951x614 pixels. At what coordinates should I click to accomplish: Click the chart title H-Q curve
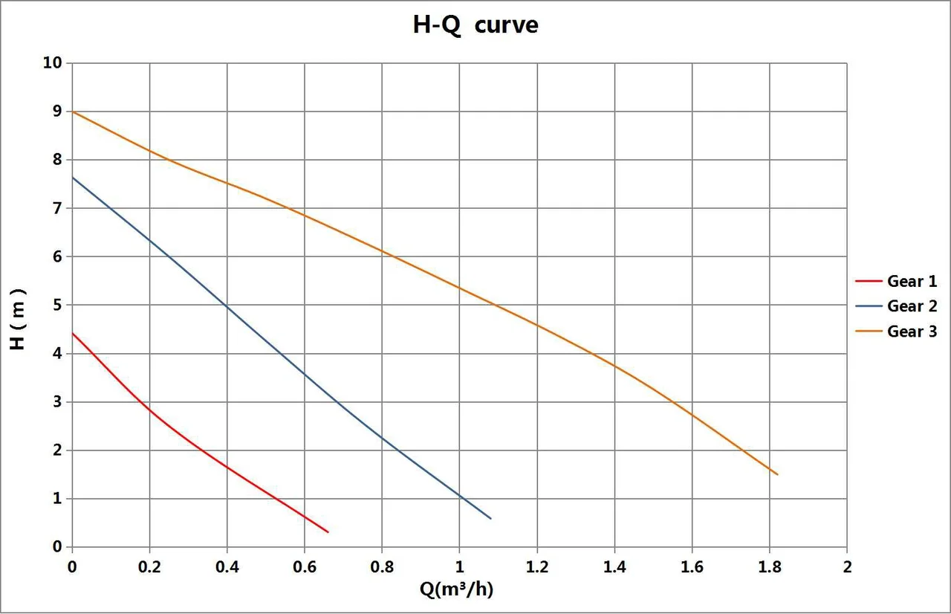pyautogui.click(x=475, y=25)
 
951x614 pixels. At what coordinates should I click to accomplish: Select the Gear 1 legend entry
pyautogui.click(x=896, y=281)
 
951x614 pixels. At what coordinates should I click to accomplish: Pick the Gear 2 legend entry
pyautogui.click(x=896, y=306)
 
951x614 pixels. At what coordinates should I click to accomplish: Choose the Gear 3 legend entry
pyautogui.click(x=896, y=332)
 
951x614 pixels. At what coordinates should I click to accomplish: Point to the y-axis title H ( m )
pyautogui.click(x=18, y=320)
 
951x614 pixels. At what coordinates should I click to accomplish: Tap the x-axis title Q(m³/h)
pyautogui.click(x=456, y=589)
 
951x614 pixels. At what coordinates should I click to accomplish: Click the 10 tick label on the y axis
pyautogui.click(x=52, y=63)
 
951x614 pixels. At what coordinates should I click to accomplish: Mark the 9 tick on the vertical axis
pyautogui.click(x=57, y=112)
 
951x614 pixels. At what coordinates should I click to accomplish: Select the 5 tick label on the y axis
pyautogui.click(x=57, y=305)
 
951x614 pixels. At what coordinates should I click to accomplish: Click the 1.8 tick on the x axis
pyautogui.click(x=770, y=567)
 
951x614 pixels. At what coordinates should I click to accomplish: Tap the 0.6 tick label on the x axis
pyautogui.click(x=305, y=567)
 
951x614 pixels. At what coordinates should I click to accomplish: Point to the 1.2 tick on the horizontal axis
pyautogui.click(x=537, y=567)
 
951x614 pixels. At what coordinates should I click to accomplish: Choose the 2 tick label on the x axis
pyautogui.click(x=848, y=567)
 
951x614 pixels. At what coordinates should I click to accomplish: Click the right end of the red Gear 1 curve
pyautogui.click(x=328, y=532)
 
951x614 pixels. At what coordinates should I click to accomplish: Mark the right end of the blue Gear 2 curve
pyautogui.click(x=491, y=518)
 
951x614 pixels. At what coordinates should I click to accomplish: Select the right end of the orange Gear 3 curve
pyautogui.click(x=777, y=474)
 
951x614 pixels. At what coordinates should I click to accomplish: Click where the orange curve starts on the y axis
pyautogui.click(x=73, y=112)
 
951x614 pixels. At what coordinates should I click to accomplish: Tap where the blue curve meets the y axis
pyautogui.click(x=73, y=178)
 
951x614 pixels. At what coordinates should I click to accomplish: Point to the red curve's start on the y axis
pyautogui.click(x=73, y=333)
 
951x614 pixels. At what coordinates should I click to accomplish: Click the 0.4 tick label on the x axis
pyautogui.click(x=227, y=567)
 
